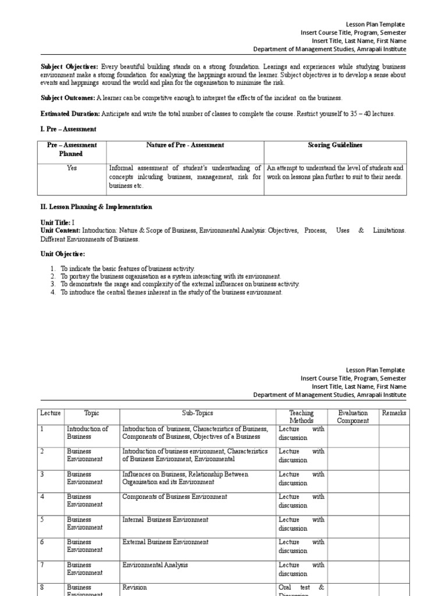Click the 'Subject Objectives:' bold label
[x=70, y=67]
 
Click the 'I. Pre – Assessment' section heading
[x=68, y=129]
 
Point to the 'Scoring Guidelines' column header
[x=335, y=146]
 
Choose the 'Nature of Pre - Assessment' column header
[x=185, y=146]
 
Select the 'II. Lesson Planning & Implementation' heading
[x=96, y=207]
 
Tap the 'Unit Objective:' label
[x=62, y=254]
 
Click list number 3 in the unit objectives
[x=52, y=284]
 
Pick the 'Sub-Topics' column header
[x=197, y=413]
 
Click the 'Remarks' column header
[x=394, y=413]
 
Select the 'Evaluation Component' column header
[x=353, y=417]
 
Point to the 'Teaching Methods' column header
[x=301, y=417]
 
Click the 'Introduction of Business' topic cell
[x=87, y=433]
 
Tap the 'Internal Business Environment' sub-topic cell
[x=165, y=520]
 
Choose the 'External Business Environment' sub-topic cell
[x=165, y=542]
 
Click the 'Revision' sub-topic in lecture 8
[x=134, y=587]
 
